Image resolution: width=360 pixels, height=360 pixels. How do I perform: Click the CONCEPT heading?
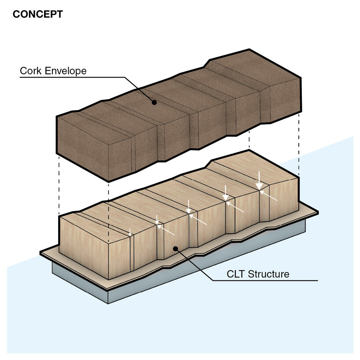(37, 14)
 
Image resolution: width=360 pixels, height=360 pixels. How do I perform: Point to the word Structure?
(269, 274)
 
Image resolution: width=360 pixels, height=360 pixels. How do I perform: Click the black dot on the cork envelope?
(154, 102)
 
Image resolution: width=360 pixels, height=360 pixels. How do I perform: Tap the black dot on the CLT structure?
(176, 249)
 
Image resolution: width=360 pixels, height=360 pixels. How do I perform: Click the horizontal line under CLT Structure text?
(273, 281)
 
